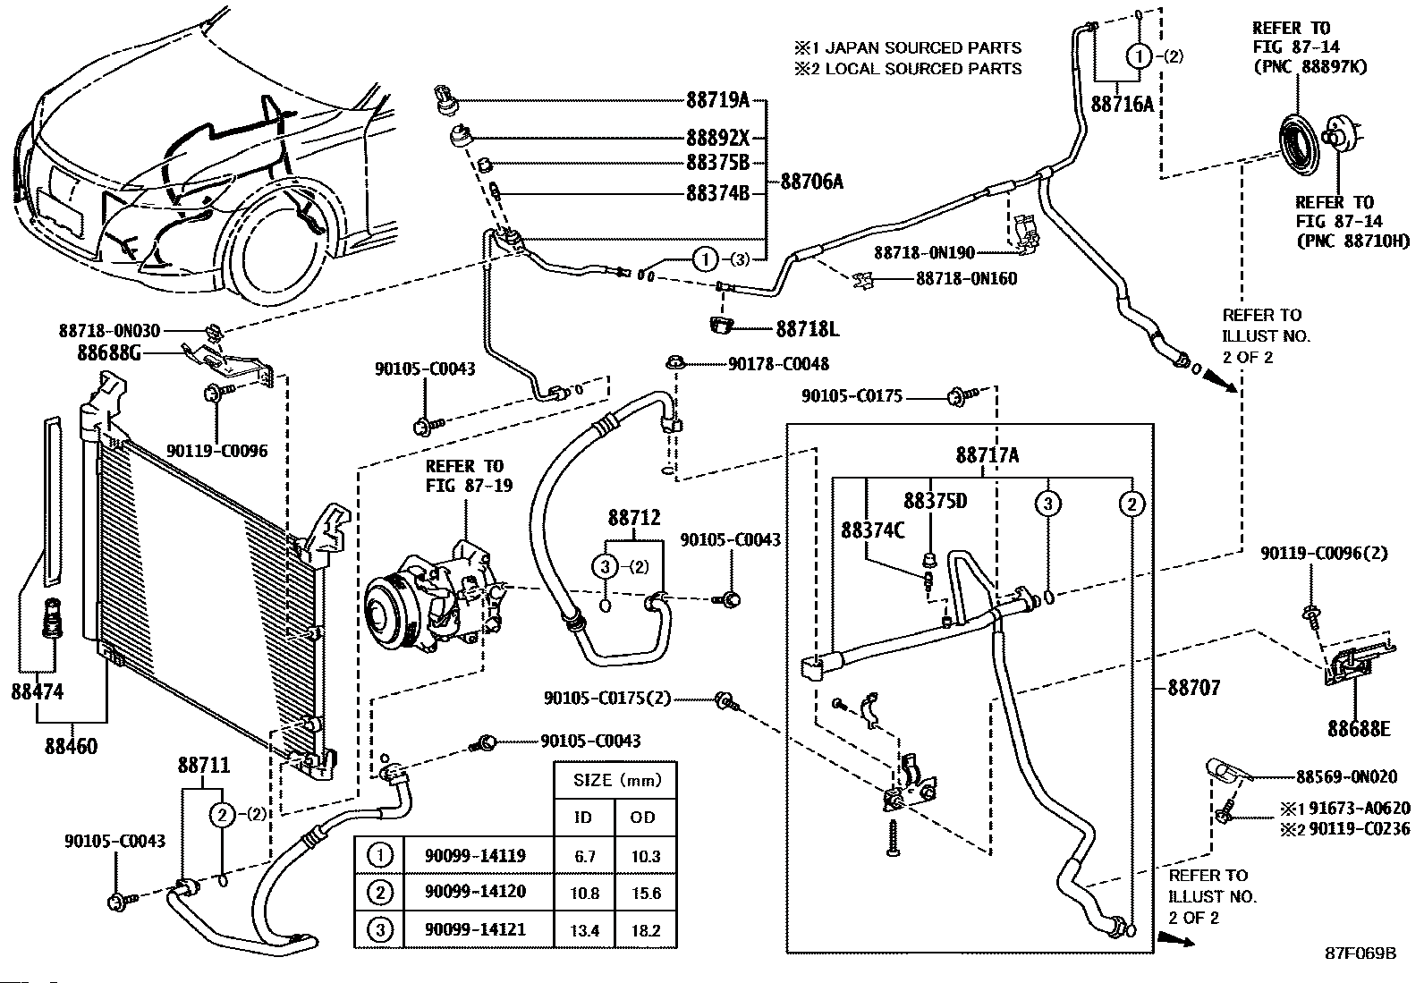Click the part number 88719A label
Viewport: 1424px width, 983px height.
[717, 100]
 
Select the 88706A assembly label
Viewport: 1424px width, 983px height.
[811, 182]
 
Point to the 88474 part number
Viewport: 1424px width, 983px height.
[37, 691]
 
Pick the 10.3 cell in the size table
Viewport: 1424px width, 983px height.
[645, 856]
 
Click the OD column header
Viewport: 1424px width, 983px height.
[643, 817]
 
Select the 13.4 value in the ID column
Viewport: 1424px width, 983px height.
[584, 930]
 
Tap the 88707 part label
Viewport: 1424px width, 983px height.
[1194, 688]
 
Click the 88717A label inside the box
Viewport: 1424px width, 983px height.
[987, 455]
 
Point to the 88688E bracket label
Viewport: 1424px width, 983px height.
[1359, 729]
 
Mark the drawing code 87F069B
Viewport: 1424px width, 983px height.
[1360, 953]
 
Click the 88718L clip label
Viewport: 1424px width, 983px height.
[808, 329]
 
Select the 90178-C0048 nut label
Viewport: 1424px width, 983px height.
[778, 364]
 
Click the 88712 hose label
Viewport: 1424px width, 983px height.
[634, 517]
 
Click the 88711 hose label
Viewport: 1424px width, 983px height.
[204, 766]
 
